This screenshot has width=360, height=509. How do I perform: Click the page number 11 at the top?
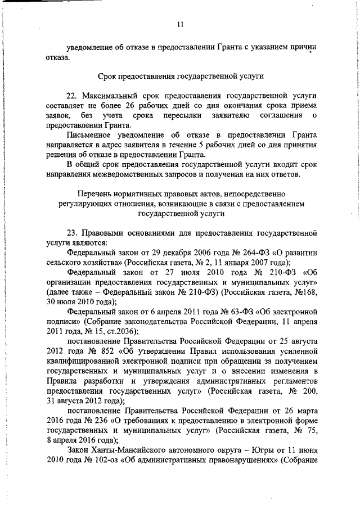tap(180, 24)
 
